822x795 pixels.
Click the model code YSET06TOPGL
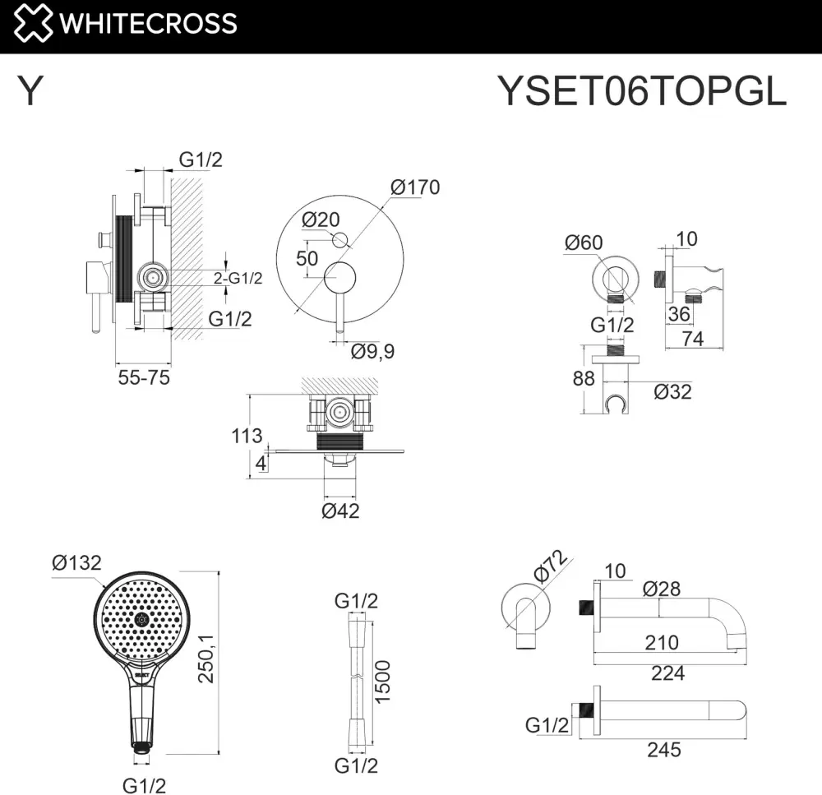pos(642,91)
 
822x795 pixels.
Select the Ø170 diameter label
pos(415,187)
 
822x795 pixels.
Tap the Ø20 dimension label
pos(321,220)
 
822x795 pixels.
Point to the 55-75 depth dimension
pos(144,377)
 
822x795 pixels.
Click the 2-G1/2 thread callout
pos(238,278)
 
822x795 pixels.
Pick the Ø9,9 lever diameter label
pos(372,351)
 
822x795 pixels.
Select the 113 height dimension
pos(247,435)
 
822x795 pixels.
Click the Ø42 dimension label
pos(340,511)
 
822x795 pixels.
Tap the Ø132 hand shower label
pos(76,562)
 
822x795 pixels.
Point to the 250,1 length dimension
pos(206,659)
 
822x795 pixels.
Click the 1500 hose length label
pos(383,682)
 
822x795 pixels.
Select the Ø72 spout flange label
pos(551,566)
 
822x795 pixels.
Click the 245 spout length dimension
pos(663,750)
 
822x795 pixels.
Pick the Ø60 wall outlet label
pos(584,243)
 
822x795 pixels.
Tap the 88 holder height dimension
pos(584,378)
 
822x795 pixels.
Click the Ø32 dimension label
pos(672,391)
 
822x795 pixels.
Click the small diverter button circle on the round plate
pos(340,240)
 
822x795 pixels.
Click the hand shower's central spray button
pos(141,620)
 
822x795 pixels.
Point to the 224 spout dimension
pos(667,673)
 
